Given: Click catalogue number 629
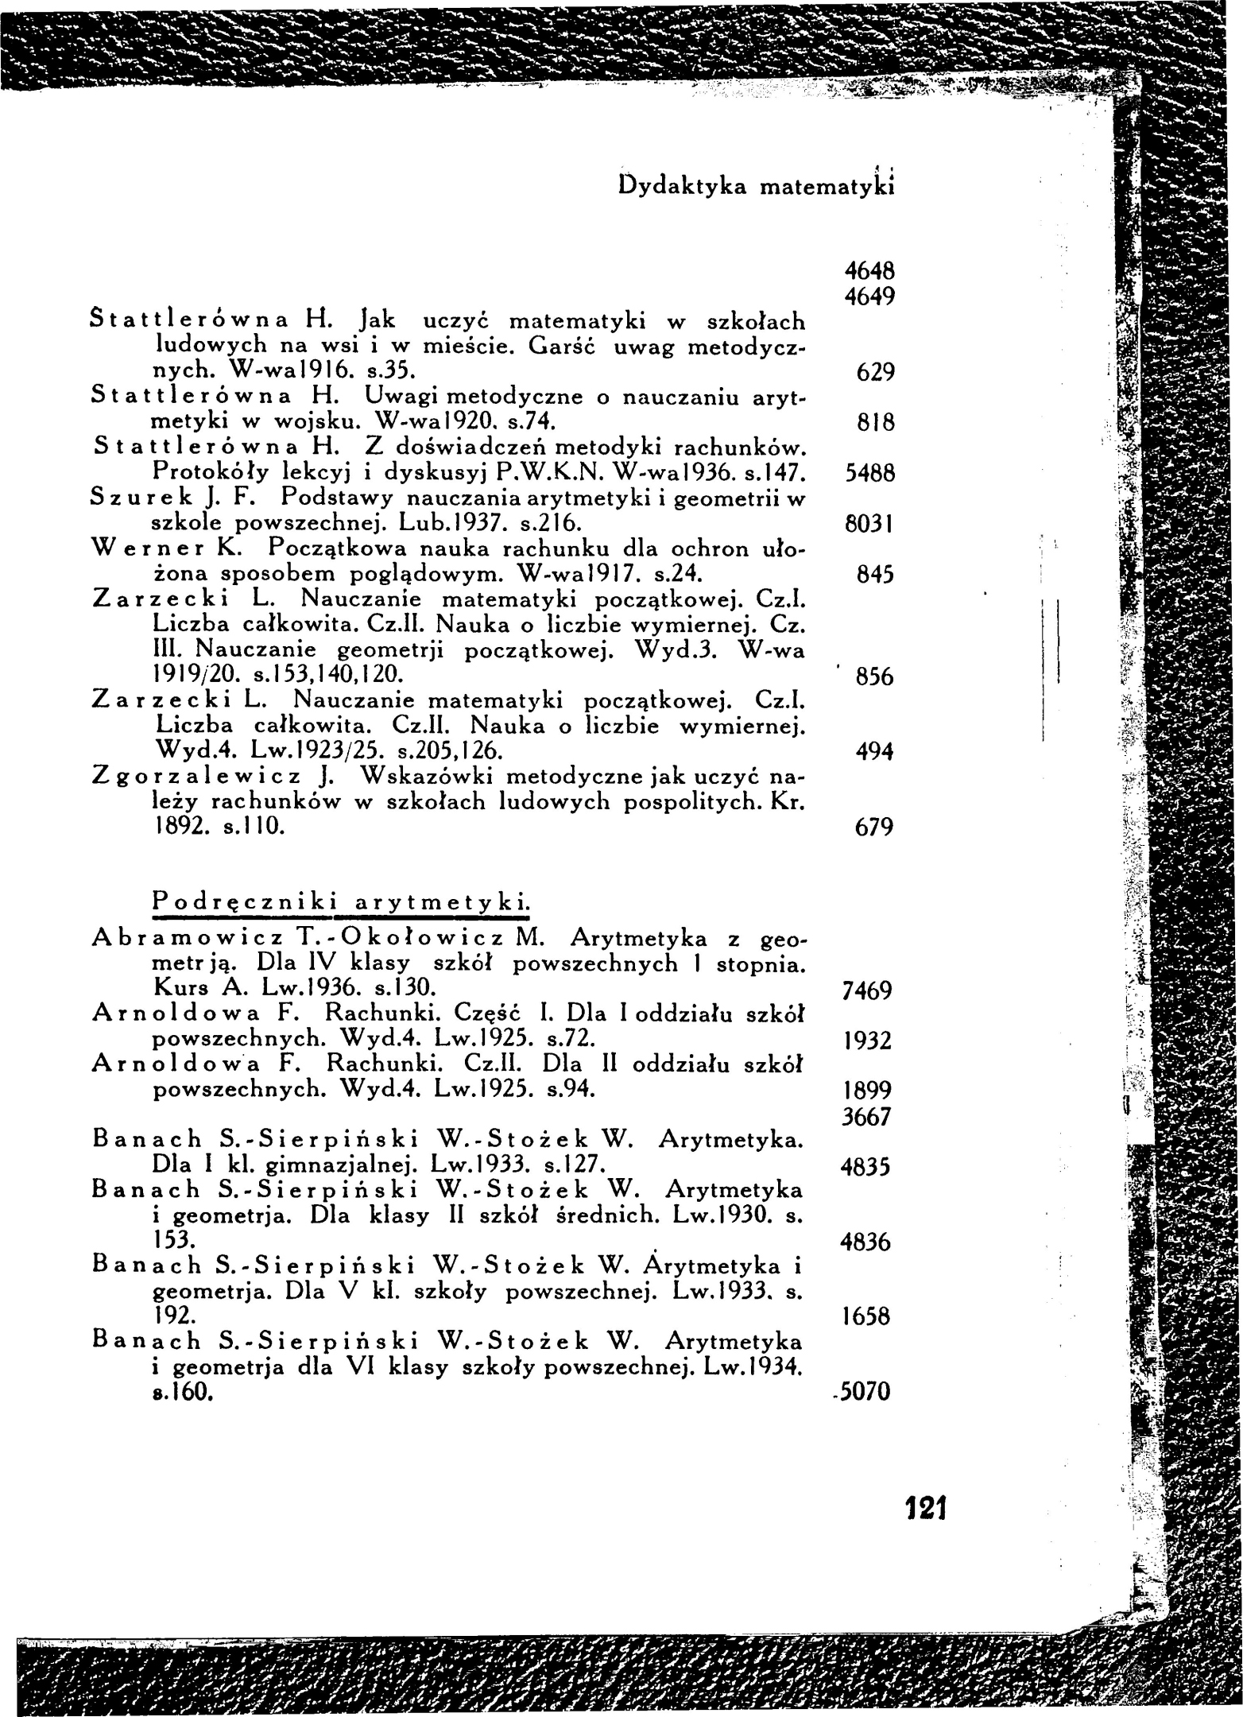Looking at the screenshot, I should point(876,372).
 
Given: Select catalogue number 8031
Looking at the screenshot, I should point(869,525).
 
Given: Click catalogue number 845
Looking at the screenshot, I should point(876,575).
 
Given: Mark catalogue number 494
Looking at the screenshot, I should point(876,752).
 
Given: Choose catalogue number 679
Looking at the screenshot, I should point(876,828).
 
